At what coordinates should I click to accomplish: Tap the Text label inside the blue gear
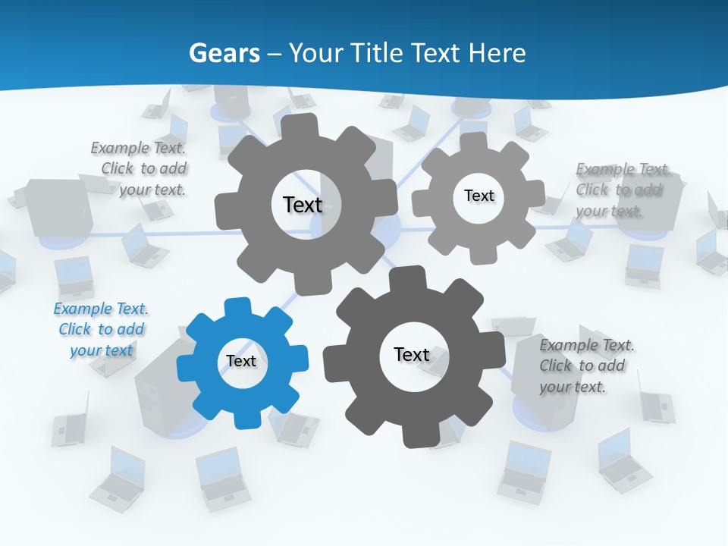241,361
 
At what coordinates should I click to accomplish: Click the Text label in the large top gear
303,204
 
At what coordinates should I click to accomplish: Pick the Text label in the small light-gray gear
479,196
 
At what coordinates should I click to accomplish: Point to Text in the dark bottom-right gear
412,354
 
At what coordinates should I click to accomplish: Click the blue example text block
101,330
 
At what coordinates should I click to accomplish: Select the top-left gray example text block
141,169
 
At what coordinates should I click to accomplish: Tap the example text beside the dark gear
586,366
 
